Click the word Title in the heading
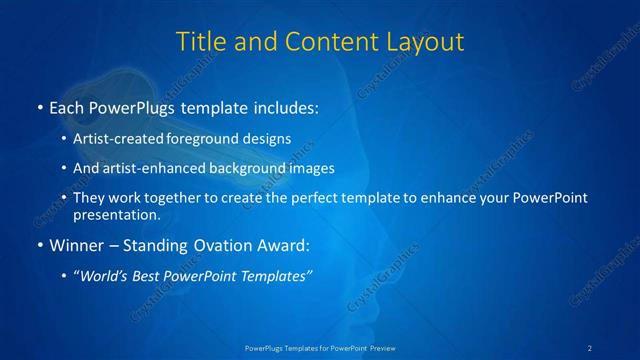[x=200, y=42]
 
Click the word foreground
[x=212, y=139]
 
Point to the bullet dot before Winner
[x=39, y=244]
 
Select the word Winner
[x=73, y=244]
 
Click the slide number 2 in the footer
[x=590, y=347]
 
